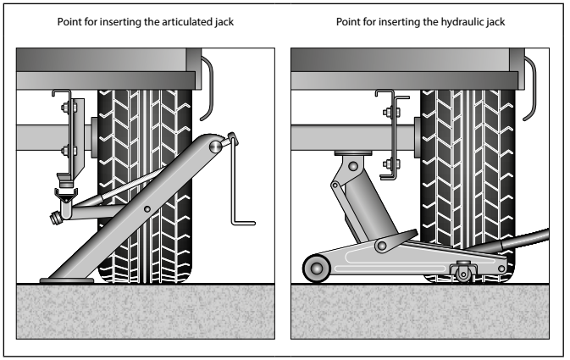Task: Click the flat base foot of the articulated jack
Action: [69, 275]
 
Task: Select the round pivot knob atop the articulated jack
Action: [217, 146]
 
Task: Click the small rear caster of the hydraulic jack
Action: [462, 271]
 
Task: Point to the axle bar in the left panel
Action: [38, 136]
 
